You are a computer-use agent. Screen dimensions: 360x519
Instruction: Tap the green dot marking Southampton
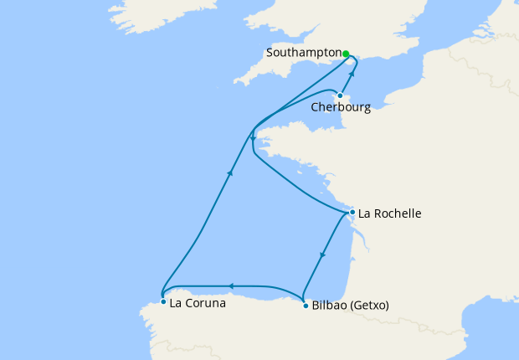pyautogui.click(x=346, y=53)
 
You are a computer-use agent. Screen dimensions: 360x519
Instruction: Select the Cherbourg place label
pyautogui.click(x=340, y=107)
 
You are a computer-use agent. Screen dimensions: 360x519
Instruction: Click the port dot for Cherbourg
pyautogui.click(x=340, y=95)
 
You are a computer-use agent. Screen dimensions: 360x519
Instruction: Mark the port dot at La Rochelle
pyautogui.click(x=352, y=213)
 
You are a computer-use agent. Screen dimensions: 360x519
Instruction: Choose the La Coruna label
pyautogui.click(x=198, y=303)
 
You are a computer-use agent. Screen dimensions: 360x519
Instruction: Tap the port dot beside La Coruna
pyautogui.click(x=162, y=301)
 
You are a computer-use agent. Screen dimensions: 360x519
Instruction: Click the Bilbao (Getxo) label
pyautogui.click(x=350, y=306)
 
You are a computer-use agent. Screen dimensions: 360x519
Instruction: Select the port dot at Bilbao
pyautogui.click(x=304, y=306)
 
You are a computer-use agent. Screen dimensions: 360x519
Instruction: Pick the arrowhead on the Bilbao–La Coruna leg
pyautogui.click(x=232, y=285)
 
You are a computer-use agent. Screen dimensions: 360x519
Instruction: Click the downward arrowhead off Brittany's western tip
pyautogui.click(x=253, y=139)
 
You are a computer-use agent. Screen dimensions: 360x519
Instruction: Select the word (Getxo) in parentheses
pyautogui.click(x=370, y=306)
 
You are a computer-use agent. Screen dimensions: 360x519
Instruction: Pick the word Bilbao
pyautogui.click(x=329, y=306)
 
